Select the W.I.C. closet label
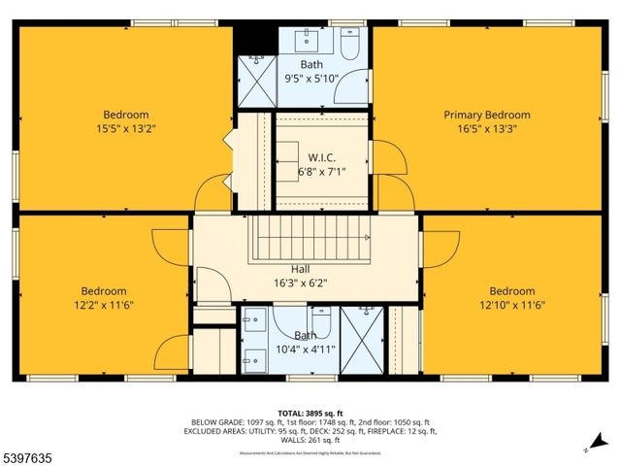(x=321, y=157)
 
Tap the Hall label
(x=301, y=270)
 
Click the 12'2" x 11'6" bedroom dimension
(x=104, y=305)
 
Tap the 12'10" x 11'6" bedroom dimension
(x=511, y=305)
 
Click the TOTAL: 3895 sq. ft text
(x=310, y=413)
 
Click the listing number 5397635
(x=31, y=454)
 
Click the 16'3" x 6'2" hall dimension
(x=302, y=283)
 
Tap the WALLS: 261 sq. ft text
(x=310, y=439)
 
